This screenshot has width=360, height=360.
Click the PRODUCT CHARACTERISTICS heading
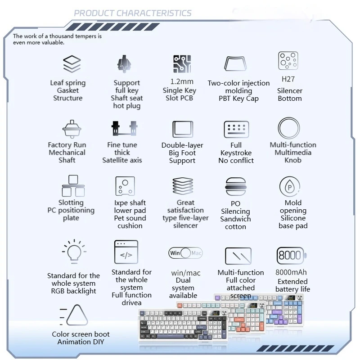(132, 13)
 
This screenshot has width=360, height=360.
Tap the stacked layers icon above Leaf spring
(72, 64)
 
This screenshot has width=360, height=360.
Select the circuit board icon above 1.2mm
(182, 65)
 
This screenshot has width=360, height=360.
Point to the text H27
(288, 79)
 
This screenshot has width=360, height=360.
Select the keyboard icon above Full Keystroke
(236, 129)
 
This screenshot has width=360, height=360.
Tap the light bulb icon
(74, 252)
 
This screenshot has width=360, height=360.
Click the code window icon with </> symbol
(126, 252)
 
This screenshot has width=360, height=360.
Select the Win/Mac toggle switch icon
(185, 253)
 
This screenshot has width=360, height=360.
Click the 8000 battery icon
(291, 255)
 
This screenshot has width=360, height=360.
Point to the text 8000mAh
(291, 272)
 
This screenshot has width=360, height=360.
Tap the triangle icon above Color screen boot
(77, 315)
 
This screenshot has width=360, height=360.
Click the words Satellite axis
(121, 160)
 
